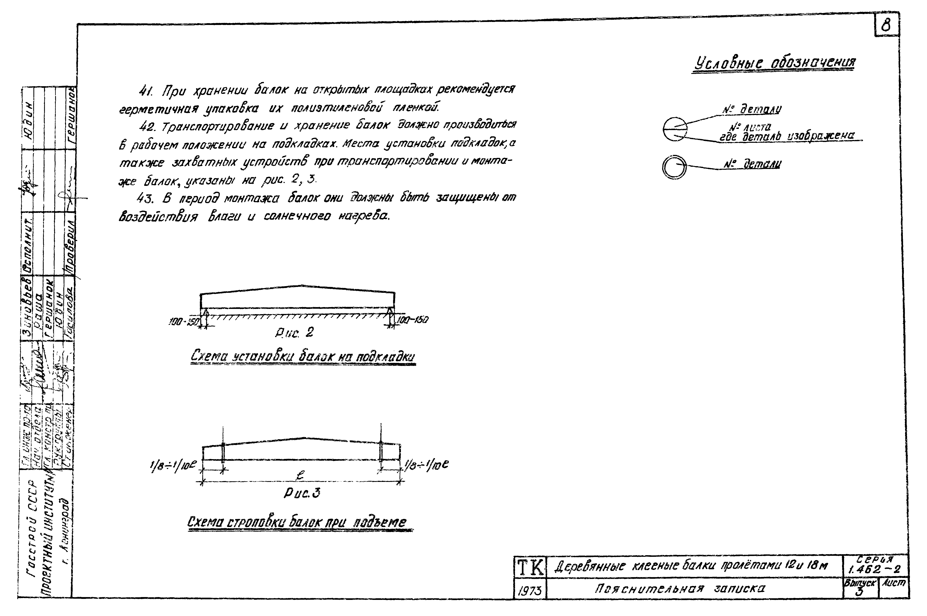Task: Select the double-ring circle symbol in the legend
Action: click(x=674, y=167)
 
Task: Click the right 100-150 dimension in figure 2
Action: click(x=412, y=320)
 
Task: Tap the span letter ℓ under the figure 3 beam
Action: click(x=300, y=476)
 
